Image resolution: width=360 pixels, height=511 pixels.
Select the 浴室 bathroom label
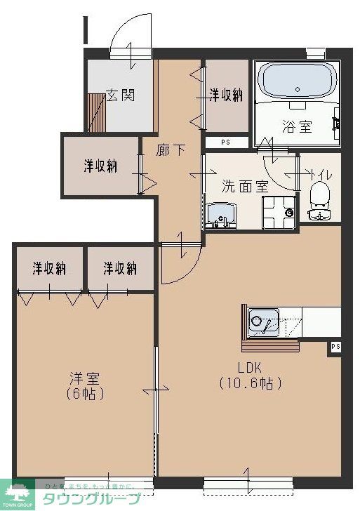click(x=297, y=127)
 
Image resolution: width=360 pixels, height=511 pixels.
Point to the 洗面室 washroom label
click(x=245, y=187)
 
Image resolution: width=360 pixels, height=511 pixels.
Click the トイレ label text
click(x=322, y=174)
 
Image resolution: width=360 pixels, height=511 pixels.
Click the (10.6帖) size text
click(x=250, y=383)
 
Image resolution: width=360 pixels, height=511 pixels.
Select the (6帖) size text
click(x=84, y=394)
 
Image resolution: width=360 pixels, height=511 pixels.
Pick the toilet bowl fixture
click(x=319, y=201)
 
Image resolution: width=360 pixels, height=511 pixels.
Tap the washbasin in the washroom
click(x=222, y=215)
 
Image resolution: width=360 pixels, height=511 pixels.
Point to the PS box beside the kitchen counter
click(x=335, y=347)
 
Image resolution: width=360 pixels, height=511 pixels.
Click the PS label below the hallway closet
click(x=225, y=142)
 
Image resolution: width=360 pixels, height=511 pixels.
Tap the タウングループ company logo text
click(x=91, y=499)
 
